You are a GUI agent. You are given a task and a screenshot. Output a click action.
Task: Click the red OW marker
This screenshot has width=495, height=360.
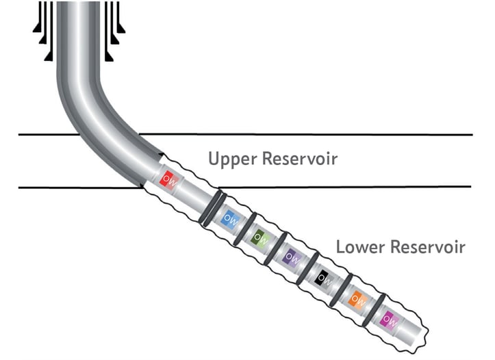(168, 179)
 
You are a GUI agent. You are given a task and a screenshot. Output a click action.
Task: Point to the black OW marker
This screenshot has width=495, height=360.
(322, 277)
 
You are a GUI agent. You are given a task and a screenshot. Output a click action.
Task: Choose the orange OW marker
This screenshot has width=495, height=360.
(356, 298)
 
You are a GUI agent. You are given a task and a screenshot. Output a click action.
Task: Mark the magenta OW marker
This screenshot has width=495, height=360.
(389, 318)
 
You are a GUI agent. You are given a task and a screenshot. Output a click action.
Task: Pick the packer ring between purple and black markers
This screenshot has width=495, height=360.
(307, 268)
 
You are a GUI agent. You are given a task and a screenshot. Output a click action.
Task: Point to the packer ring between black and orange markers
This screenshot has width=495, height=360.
(340, 288)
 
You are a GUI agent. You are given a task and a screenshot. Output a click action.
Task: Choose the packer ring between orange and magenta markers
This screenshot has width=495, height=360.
(373, 309)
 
